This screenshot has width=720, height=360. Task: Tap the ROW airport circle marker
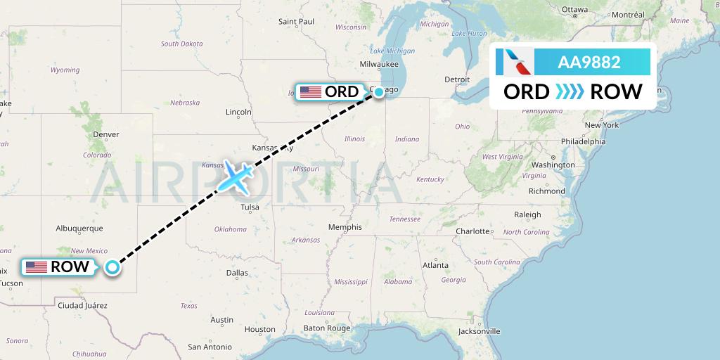tap(112, 267)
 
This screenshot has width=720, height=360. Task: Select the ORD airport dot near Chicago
tap(379, 92)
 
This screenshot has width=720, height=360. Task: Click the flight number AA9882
tap(589, 62)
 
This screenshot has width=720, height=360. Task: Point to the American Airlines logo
tap(515, 62)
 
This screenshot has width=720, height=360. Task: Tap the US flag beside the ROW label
tap(36, 267)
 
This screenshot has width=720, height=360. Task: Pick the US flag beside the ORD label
tap(310, 92)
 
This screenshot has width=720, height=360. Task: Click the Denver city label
tap(105, 134)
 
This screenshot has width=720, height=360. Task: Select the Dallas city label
tap(237, 273)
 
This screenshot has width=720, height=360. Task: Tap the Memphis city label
tap(345, 227)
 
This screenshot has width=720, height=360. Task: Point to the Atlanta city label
tap(436, 265)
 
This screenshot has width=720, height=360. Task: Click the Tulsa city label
tap(249, 207)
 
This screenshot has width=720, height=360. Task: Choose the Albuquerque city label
tap(79, 228)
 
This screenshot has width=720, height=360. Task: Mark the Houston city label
tap(259, 329)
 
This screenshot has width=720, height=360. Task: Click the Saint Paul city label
tap(296, 21)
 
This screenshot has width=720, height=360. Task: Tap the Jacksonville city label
tap(478, 330)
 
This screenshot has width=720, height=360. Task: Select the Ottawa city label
tap(574, 10)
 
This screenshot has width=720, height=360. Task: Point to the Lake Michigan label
tap(392, 51)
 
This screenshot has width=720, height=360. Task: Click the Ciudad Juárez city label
tap(82, 305)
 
